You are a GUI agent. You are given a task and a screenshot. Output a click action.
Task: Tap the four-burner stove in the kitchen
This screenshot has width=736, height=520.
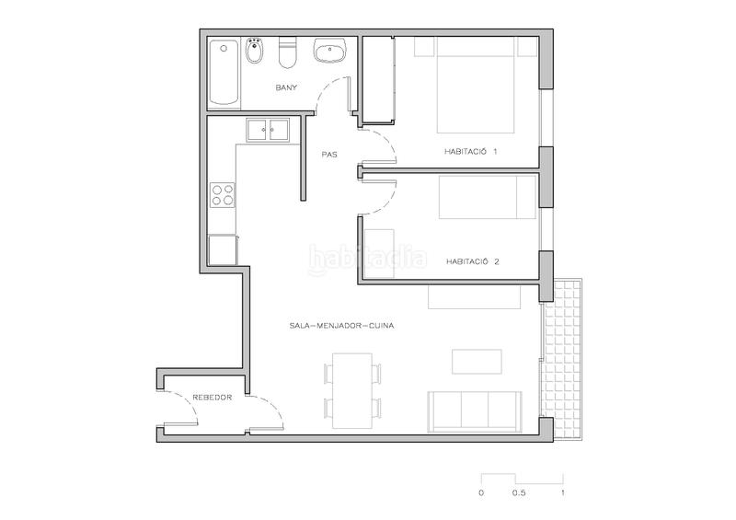pyautogui.click(x=223, y=193)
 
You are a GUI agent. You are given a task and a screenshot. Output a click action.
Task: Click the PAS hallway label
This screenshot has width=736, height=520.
pyautogui.click(x=329, y=155)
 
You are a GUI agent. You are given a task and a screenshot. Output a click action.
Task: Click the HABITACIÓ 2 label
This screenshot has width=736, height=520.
pyautogui.click(x=472, y=260)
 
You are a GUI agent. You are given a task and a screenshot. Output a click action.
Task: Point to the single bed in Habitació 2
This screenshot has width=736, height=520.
pyautogui.click(x=487, y=198)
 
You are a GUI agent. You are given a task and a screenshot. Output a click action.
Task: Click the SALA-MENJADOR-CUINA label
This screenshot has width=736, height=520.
pyautogui.click(x=336, y=325)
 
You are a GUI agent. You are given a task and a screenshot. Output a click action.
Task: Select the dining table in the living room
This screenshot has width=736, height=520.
pyautogui.click(x=351, y=389)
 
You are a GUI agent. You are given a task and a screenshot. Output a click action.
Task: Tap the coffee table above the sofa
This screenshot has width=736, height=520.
pyautogui.click(x=477, y=361)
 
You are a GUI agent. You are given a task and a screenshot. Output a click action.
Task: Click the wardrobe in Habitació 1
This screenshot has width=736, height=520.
pyautogui.click(x=377, y=79)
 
